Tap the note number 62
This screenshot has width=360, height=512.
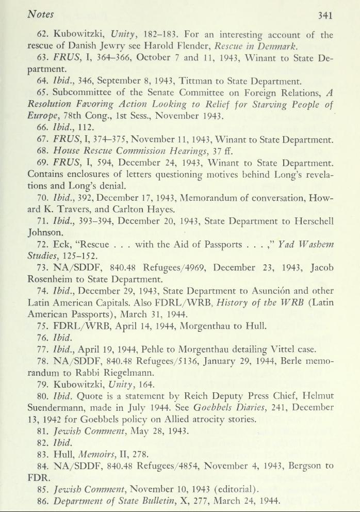coord(44,36)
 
